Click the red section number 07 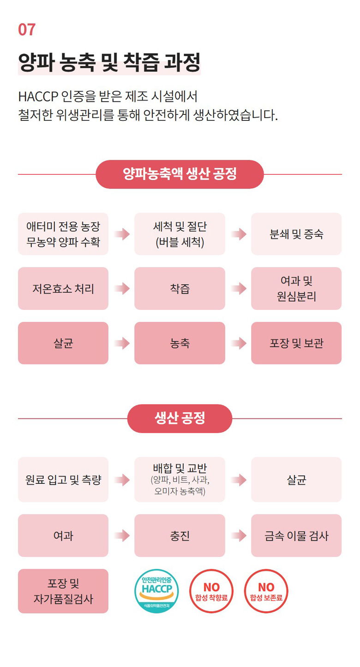pos(27,30)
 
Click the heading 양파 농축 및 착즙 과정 pos(109,62)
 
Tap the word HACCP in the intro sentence pos(38,96)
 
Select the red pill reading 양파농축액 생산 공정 pos(180,174)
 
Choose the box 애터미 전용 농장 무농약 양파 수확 pos(63,234)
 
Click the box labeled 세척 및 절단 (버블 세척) pos(180,234)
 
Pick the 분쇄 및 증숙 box pos(296,234)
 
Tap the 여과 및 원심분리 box pos(296,288)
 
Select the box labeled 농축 pos(180,343)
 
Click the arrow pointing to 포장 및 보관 pos(239,343)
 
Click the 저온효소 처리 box pos(63,288)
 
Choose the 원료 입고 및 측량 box pos(63,479)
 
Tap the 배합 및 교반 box pos(180,479)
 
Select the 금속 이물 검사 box pos(296,536)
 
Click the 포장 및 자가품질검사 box pos(63,591)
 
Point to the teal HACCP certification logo pos(156,591)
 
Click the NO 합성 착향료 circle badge pos(211,591)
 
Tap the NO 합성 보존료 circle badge pos(266,591)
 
